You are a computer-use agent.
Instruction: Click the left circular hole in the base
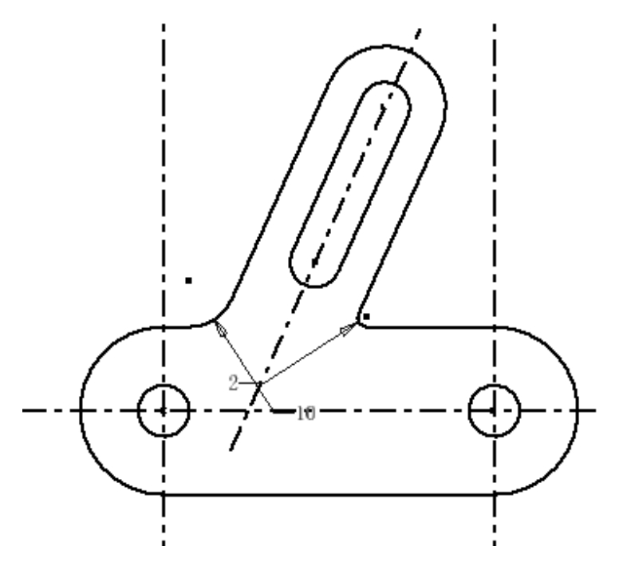(163, 411)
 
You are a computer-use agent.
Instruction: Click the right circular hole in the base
(495, 411)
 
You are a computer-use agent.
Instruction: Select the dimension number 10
(306, 413)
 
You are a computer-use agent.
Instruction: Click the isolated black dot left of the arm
(188, 280)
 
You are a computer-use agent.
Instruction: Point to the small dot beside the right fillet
(366, 317)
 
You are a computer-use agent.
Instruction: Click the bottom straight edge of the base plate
(327, 495)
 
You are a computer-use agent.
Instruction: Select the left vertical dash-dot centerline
(164, 160)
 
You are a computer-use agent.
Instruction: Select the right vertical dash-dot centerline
(495, 160)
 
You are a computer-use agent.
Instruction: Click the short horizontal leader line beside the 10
(282, 412)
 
